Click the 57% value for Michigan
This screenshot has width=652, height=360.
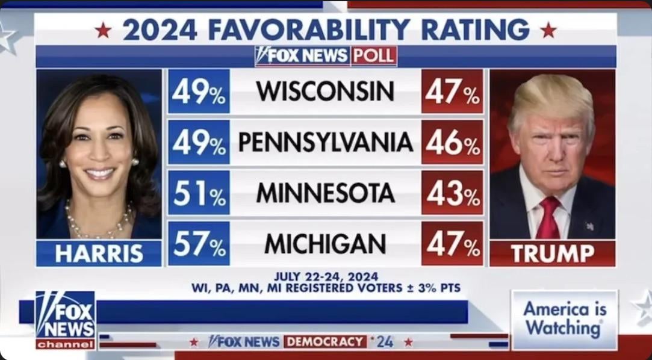(x=199, y=243)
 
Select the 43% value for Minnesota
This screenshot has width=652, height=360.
(x=452, y=193)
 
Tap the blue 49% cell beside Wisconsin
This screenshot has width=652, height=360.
(x=199, y=92)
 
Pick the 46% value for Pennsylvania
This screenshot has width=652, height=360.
(x=452, y=142)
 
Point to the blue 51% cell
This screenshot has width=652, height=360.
(x=199, y=193)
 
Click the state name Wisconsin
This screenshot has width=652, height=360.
(x=325, y=92)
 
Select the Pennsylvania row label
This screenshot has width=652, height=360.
(x=325, y=142)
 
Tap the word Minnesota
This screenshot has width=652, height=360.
(x=325, y=193)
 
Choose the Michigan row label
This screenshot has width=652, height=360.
(x=325, y=243)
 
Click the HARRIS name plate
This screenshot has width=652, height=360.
(x=99, y=253)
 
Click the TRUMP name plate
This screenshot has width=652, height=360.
(x=552, y=253)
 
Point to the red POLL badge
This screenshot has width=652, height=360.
(x=374, y=56)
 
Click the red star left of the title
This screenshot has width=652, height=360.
(x=103, y=30)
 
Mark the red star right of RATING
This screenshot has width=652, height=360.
(x=548, y=30)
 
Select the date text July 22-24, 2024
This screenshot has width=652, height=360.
(x=326, y=276)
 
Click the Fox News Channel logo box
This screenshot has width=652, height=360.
(x=65, y=320)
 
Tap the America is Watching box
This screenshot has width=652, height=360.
(x=564, y=319)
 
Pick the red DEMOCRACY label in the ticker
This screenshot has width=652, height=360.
(x=325, y=342)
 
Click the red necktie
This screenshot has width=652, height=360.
(x=548, y=218)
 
